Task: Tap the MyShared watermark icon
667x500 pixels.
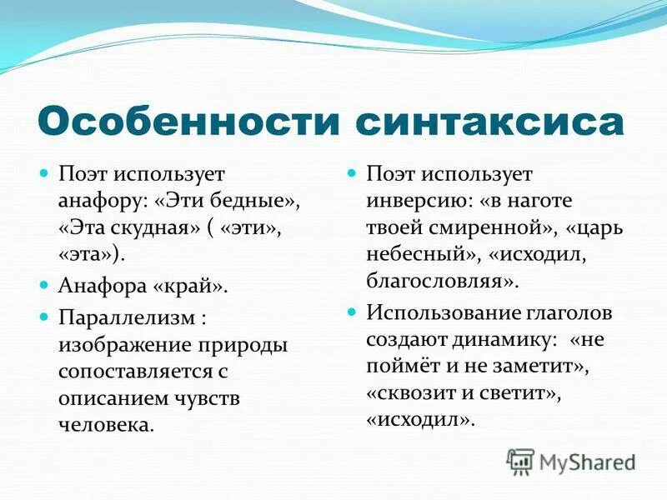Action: click(520, 462)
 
